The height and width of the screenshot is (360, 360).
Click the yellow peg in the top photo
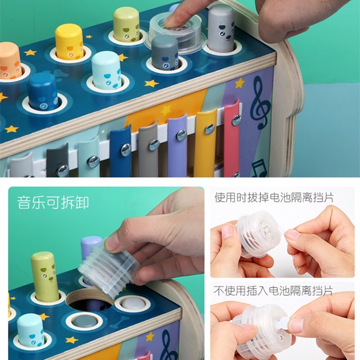(x=69, y=42)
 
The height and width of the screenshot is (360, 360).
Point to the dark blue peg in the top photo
(x=42, y=92)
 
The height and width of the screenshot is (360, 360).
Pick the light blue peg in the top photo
(x=107, y=70)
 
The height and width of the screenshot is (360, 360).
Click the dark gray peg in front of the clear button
(x=165, y=53)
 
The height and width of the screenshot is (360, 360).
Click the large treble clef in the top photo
(x=260, y=103)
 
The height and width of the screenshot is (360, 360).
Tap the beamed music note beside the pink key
(x=259, y=168)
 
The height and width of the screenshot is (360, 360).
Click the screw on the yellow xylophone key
(x=209, y=129)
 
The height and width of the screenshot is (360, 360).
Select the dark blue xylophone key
(x=121, y=152)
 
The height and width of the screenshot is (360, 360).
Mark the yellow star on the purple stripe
(x=240, y=83)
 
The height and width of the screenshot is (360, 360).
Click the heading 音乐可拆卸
(x=53, y=202)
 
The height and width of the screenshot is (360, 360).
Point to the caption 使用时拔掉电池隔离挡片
(x=274, y=198)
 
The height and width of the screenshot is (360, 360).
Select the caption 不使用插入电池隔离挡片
(x=273, y=291)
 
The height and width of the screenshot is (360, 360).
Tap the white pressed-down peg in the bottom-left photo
(x=133, y=303)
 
